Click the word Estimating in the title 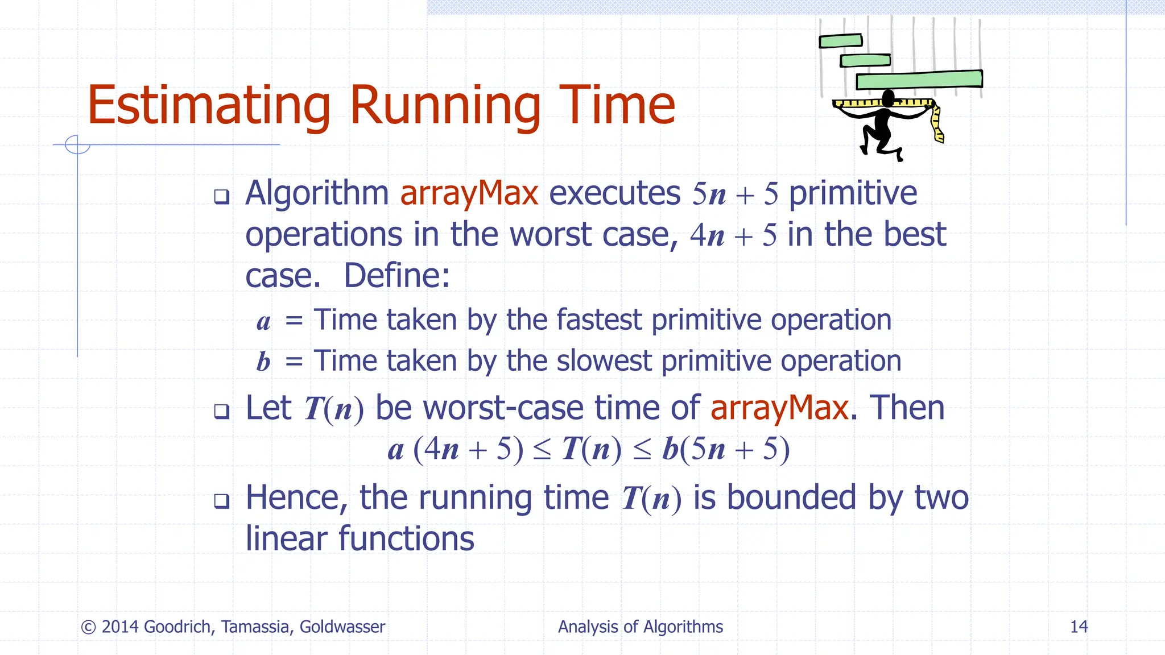[208, 106]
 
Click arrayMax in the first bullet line [469, 193]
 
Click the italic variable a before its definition [263, 322]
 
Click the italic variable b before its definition [263, 362]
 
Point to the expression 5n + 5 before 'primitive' [734, 194]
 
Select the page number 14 [1079, 627]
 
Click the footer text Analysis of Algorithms [640, 627]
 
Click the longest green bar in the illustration [919, 80]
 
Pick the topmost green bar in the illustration [840, 41]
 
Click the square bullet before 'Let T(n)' [221, 411]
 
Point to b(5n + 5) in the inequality [726, 449]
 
